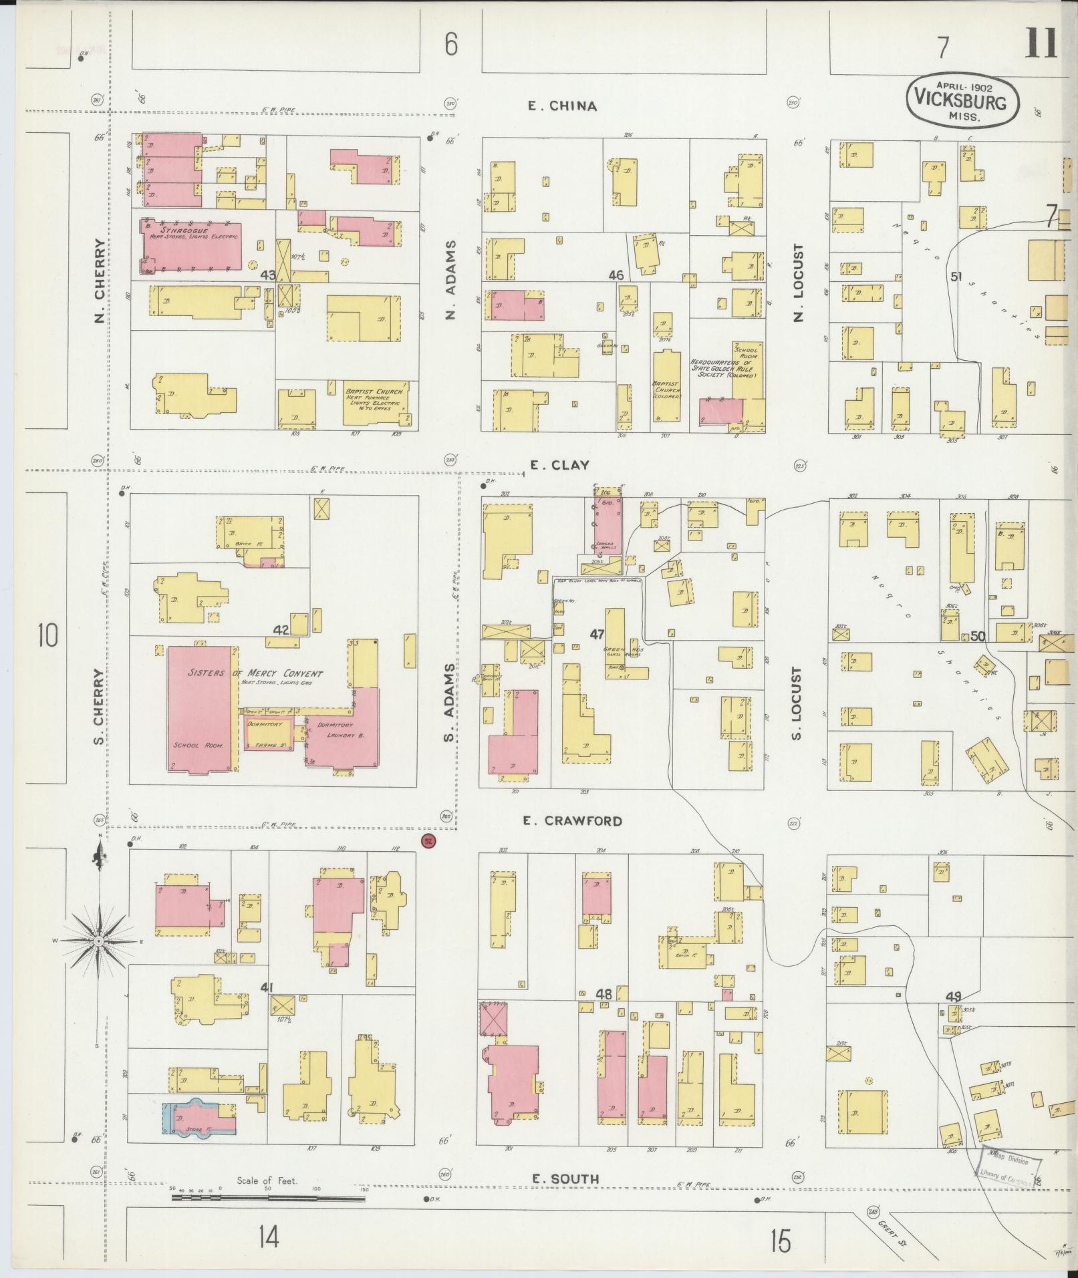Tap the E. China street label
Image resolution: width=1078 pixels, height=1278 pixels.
pos(562,106)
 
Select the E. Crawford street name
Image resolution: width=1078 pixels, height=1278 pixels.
pos(573,820)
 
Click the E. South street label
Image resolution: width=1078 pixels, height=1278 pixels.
pos(565,1179)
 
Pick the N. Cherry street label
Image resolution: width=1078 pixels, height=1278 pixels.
pos(100,281)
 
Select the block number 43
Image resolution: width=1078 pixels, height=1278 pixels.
pos(269,275)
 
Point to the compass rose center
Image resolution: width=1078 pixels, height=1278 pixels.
pos(98,941)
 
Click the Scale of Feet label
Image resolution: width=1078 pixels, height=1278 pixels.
pos(267,1180)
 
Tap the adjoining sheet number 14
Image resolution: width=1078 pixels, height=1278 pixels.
pos(269,1237)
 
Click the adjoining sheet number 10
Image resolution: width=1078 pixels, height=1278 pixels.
pos(47,635)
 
